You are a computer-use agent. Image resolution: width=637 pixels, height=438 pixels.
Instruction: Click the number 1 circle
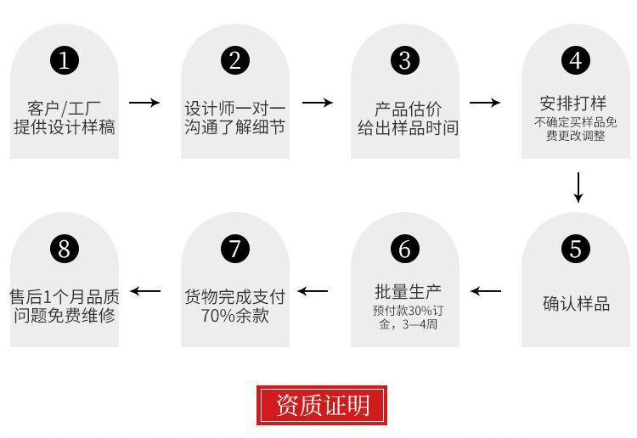point(65,60)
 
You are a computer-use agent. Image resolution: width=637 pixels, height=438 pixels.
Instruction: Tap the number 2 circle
point(235,60)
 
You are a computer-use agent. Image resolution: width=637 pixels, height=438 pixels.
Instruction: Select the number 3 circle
point(405,60)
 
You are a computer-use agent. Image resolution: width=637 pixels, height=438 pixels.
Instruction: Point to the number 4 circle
point(576,60)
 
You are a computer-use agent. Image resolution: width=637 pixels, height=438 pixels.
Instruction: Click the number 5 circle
point(576,249)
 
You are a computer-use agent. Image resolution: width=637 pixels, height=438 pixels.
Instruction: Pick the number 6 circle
point(405,249)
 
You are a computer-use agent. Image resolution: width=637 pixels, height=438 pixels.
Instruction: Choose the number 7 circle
point(235,249)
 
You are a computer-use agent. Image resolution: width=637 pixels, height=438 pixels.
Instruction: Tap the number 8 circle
point(65,249)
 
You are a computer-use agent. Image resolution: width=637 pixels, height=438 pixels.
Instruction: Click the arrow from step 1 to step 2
point(144,103)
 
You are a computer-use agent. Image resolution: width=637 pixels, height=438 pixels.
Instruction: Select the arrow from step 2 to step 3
point(318,103)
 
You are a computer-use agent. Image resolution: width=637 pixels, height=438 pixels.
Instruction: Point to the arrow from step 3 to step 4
point(485,103)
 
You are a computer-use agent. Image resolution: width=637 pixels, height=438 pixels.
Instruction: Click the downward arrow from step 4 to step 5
point(578,187)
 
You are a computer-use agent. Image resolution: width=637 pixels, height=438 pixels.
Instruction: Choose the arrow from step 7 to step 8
point(145,291)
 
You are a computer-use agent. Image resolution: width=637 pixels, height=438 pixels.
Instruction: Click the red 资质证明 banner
point(322,405)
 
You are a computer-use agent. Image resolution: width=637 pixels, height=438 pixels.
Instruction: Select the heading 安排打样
point(573,104)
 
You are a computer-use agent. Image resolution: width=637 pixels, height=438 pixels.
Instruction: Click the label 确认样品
point(577,304)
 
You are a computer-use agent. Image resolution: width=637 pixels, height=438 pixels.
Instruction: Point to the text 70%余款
point(235,315)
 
